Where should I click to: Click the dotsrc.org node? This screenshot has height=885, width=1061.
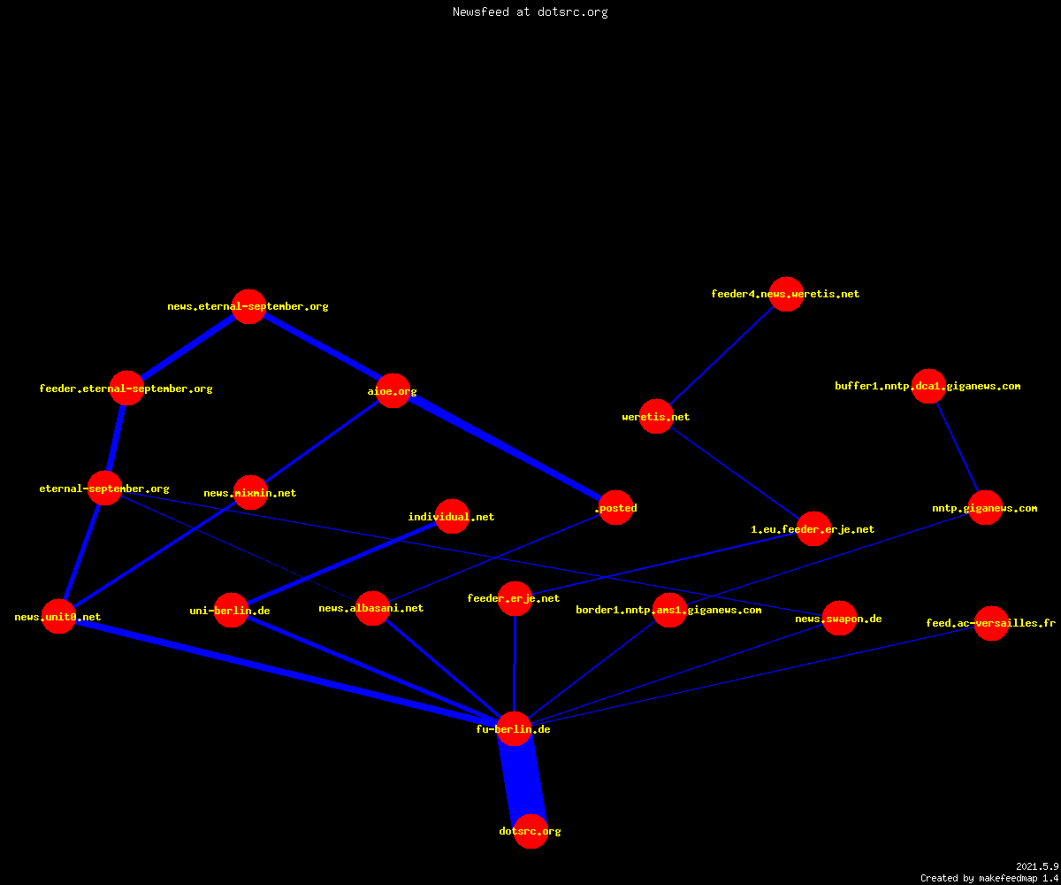point(530,831)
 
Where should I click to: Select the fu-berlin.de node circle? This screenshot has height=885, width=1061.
point(515,729)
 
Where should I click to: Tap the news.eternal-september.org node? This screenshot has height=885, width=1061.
point(249,307)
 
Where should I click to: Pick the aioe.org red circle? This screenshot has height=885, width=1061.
point(393,390)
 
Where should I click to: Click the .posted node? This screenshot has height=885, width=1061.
point(616,508)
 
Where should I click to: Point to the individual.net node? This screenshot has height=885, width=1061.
point(452,516)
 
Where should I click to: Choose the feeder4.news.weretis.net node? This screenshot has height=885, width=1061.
point(786,294)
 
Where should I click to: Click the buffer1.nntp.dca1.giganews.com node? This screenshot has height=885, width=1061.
point(929,386)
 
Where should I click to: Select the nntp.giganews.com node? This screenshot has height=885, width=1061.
point(985,508)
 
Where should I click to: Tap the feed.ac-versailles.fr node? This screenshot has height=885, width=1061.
point(991,623)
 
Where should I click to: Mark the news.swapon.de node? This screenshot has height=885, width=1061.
point(839,619)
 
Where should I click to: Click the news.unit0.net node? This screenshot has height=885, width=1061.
point(59,617)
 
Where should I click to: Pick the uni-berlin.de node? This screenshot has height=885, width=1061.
point(231,611)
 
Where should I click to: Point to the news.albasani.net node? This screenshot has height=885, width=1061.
point(372,608)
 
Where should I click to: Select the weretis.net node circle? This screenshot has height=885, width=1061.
point(656,417)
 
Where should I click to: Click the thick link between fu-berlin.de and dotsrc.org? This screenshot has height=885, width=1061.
point(523,781)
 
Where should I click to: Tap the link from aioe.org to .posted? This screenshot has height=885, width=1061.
point(504,449)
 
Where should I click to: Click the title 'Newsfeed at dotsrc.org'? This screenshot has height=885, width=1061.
point(530,12)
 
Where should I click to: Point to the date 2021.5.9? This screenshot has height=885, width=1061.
point(1037,866)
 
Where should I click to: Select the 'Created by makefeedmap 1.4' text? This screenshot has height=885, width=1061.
point(989,879)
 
